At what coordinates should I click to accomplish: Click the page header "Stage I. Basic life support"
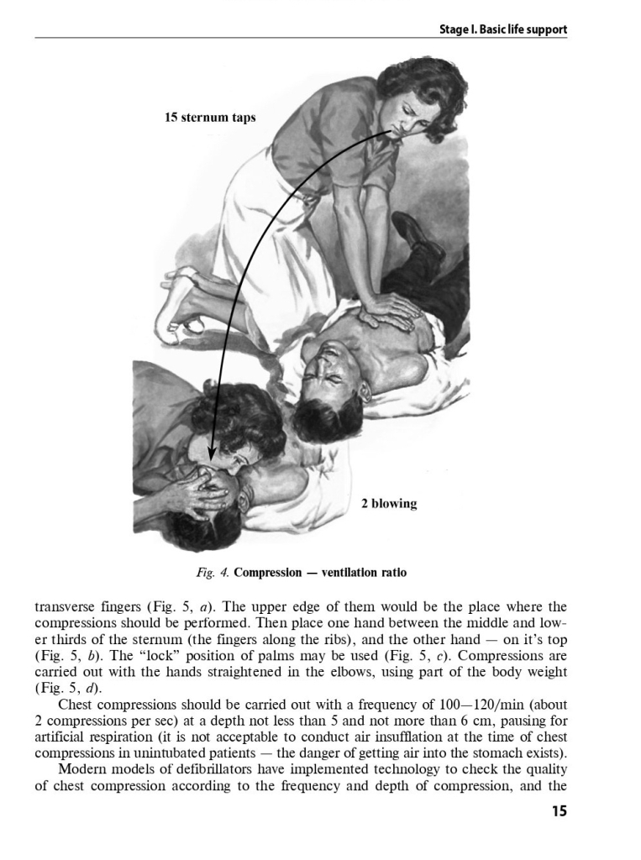click(503, 29)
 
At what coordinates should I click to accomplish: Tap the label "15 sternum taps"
click(210, 118)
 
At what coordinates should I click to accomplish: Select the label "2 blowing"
click(388, 504)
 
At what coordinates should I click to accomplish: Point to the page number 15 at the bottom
click(559, 811)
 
